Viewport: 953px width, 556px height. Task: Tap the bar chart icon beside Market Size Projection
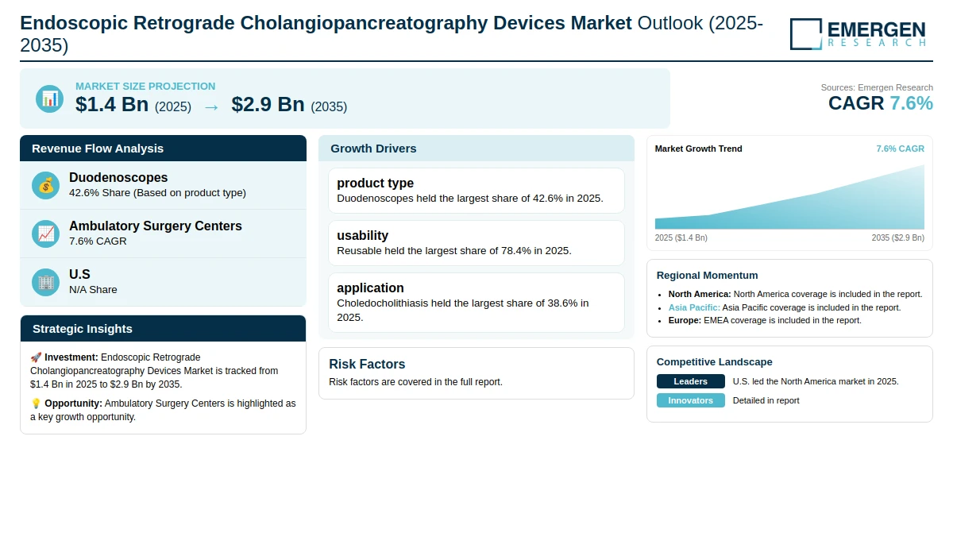(x=50, y=98)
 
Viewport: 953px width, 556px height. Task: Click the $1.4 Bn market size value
(x=112, y=104)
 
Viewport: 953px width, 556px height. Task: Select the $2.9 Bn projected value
(x=268, y=104)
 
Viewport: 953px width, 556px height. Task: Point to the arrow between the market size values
(x=211, y=108)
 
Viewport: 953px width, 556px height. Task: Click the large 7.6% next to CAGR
(x=912, y=103)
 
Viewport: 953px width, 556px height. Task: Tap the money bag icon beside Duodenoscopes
(x=46, y=186)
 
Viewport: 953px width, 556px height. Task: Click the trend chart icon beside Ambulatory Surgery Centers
(x=46, y=234)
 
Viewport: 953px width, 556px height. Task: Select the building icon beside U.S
(x=46, y=282)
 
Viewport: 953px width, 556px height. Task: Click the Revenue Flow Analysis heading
(x=98, y=149)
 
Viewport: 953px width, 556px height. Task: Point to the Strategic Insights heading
(x=83, y=329)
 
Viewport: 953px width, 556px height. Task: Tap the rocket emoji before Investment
(x=36, y=357)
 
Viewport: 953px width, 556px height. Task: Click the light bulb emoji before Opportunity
(x=36, y=403)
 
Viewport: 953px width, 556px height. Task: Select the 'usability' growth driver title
(x=362, y=235)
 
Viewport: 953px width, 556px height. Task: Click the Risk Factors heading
(x=367, y=364)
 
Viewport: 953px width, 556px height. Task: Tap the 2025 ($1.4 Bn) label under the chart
(x=681, y=237)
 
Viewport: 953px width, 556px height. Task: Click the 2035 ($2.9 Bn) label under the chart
(x=898, y=237)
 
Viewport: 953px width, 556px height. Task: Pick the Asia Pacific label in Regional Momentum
(x=694, y=307)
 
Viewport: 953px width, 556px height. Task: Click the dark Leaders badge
(x=690, y=381)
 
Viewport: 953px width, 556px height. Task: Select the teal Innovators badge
(x=690, y=400)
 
